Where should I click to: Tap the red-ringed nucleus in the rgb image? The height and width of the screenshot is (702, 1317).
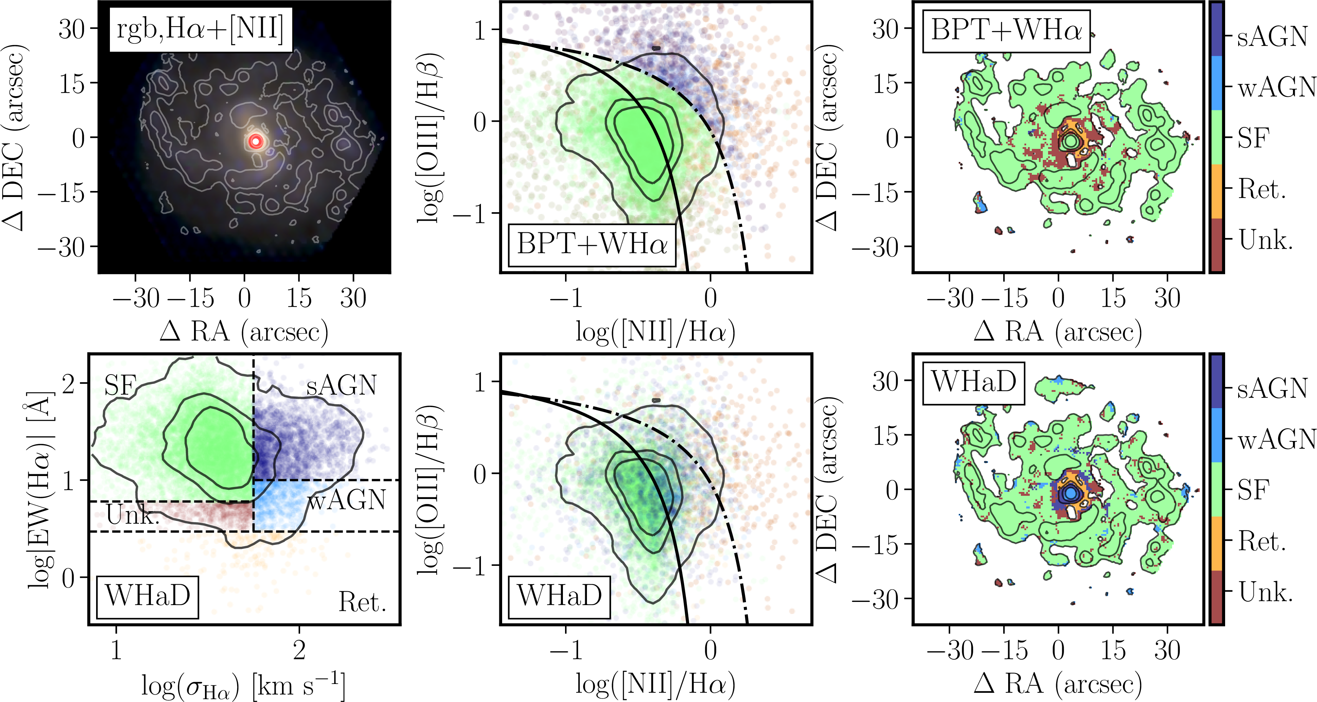coord(255,141)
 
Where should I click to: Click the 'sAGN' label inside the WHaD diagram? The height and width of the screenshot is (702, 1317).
coord(341,386)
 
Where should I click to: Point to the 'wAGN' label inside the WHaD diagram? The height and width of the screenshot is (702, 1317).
coord(346,500)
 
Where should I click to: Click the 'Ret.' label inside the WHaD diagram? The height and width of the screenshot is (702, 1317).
coord(362,602)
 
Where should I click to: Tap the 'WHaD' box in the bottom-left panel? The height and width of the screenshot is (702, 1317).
coord(148,596)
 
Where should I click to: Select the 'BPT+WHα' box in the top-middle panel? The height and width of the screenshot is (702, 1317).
coord(592,244)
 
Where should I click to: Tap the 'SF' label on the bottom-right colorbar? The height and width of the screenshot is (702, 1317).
coord(1253,490)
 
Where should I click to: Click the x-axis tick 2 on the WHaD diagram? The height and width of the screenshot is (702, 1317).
coord(299,651)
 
